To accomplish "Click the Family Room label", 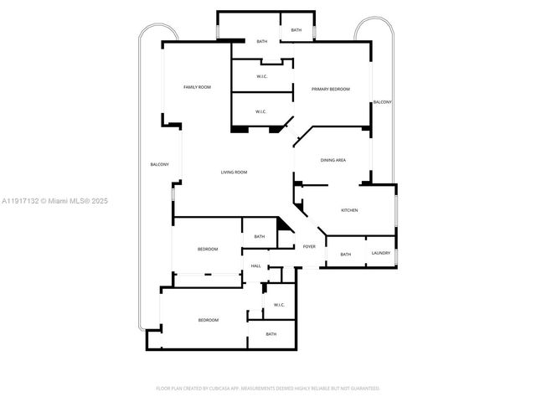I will click(197, 87).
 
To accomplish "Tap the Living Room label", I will click(234, 173).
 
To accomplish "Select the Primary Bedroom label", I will click(330, 89).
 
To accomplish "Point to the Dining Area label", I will click(333, 160).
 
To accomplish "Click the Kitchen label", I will click(349, 210).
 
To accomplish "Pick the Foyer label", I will click(309, 247).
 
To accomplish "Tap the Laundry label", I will click(381, 253).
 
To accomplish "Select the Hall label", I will click(256, 266).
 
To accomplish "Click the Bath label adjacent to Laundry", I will click(345, 255).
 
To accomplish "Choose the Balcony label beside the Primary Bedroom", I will click(382, 102).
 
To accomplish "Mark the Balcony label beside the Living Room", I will click(159, 164).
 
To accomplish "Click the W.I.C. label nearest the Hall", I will click(279, 305).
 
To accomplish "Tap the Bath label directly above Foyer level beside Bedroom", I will click(260, 237).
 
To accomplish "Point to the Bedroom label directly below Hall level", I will click(208, 320).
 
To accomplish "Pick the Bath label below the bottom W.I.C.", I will click(271, 334).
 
